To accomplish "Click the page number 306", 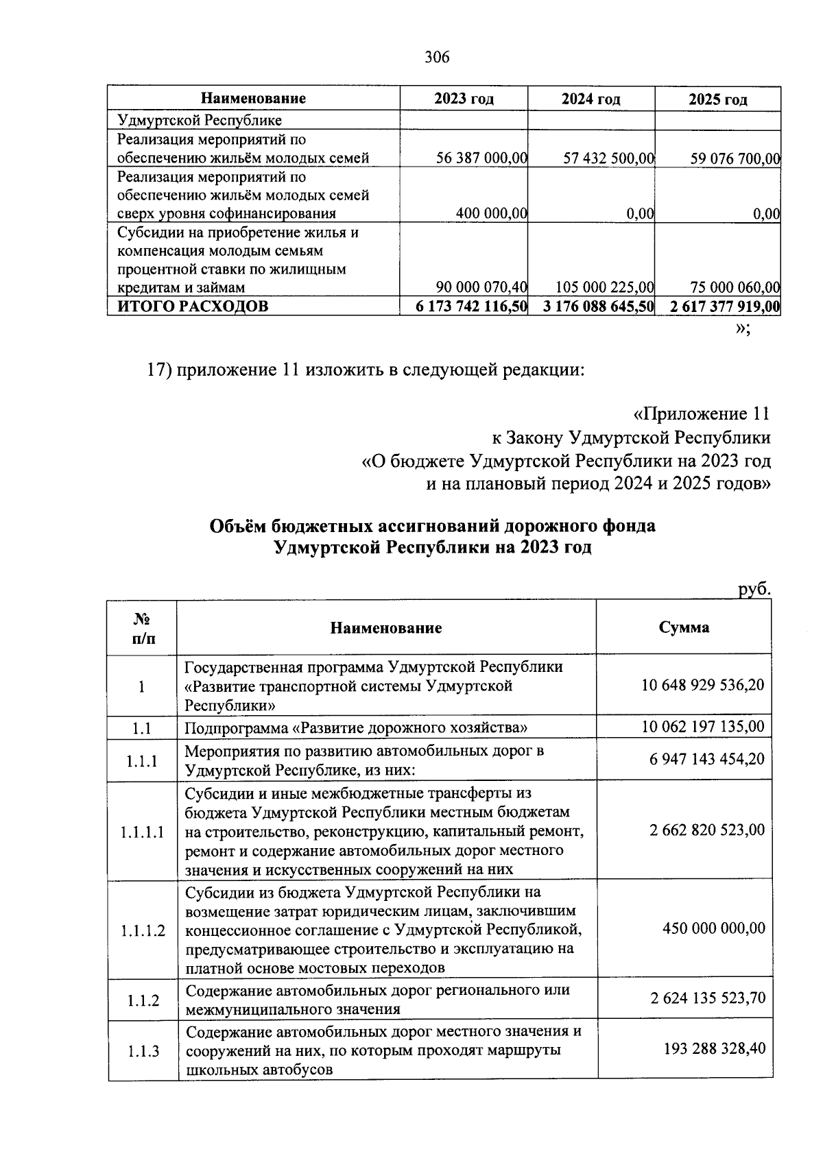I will (x=437, y=58).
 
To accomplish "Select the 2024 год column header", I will (x=591, y=99).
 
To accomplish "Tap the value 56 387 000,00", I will (x=481, y=159).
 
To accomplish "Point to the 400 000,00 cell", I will (x=491, y=214).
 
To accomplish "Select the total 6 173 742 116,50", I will (x=471, y=306).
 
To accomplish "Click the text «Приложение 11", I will (x=700, y=414).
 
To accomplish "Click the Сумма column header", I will (x=684, y=627).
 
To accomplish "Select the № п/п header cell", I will (x=142, y=628).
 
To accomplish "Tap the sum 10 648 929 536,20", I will (x=703, y=685).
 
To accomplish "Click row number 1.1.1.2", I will (x=143, y=931).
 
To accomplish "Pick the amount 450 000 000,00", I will (x=713, y=928).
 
